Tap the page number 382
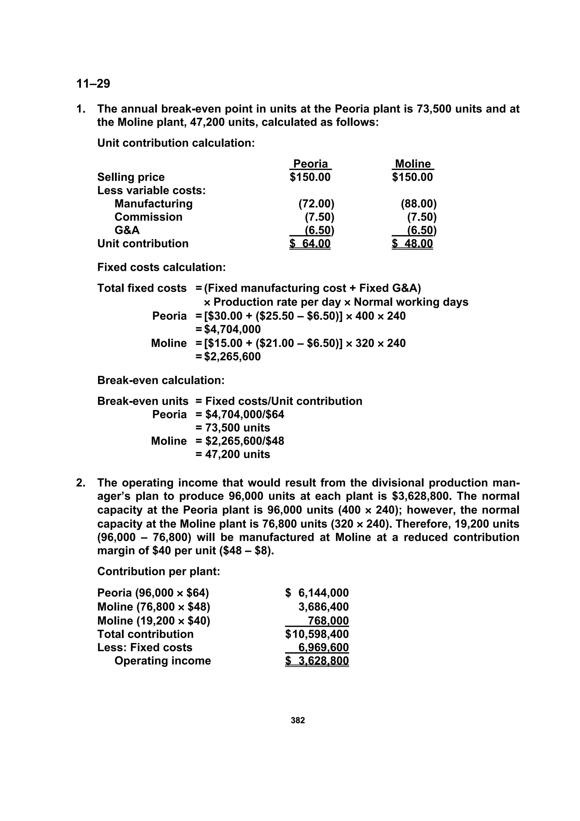[x=298, y=720]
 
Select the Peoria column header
[x=310, y=164]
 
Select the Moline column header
[x=413, y=164]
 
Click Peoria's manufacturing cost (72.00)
[x=316, y=204]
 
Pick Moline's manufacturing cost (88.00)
[x=419, y=204]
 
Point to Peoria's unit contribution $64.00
[x=310, y=243]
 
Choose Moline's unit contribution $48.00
[x=412, y=243]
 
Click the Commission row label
[x=148, y=217]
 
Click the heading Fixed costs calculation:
[x=161, y=268]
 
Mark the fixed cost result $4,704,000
[x=232, y=329]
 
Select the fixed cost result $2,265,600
[x=232, y=357]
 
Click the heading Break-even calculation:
[x=161, y=380]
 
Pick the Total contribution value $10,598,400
[x=317, y=634]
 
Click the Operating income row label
[x=163, y=661]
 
